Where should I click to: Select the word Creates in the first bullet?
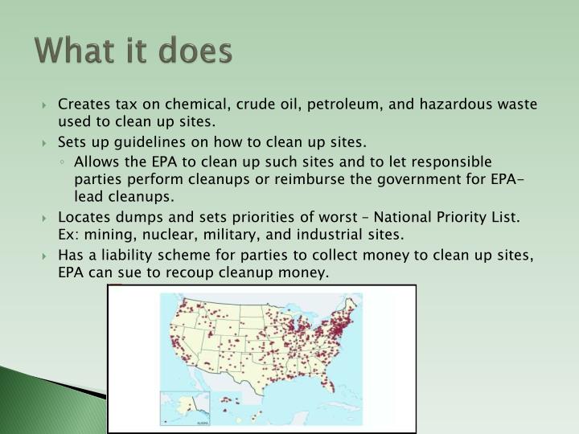(x=81, y=104)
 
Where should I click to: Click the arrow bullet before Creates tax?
(x=47, y=105)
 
